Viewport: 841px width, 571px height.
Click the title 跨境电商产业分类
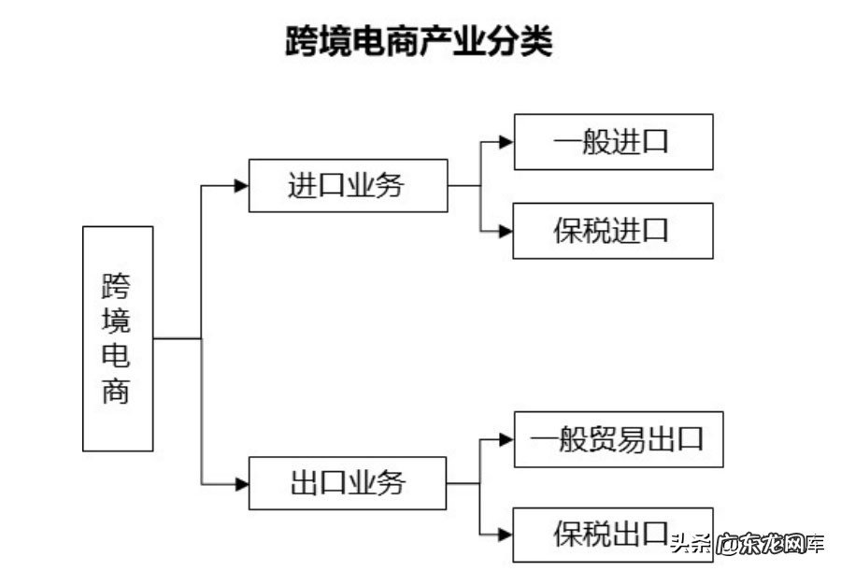tap(419, 42)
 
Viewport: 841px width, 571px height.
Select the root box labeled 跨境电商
tap(118, 338)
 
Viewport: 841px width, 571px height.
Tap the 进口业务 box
tap(348, 185)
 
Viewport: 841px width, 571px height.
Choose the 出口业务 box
tap(348, 483)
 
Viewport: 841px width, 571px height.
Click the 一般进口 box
tap(613, 142)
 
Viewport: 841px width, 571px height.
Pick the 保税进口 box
tap(613, 230)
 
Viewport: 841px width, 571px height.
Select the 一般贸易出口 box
tap(619, 438)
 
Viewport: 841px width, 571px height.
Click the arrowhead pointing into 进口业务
tap(241, 185)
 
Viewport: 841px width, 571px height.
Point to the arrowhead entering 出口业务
tap(241, 484)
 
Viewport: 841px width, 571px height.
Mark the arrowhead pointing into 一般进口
tap(506, 142)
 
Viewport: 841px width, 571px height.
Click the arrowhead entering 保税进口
tap(506, 230)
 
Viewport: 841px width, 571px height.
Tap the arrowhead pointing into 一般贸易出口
tap(506, 438)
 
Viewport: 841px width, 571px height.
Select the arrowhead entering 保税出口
tap(506, 535)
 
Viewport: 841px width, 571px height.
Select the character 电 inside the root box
tap(117, 355)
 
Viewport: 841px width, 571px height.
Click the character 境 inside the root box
tap(117, 321)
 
